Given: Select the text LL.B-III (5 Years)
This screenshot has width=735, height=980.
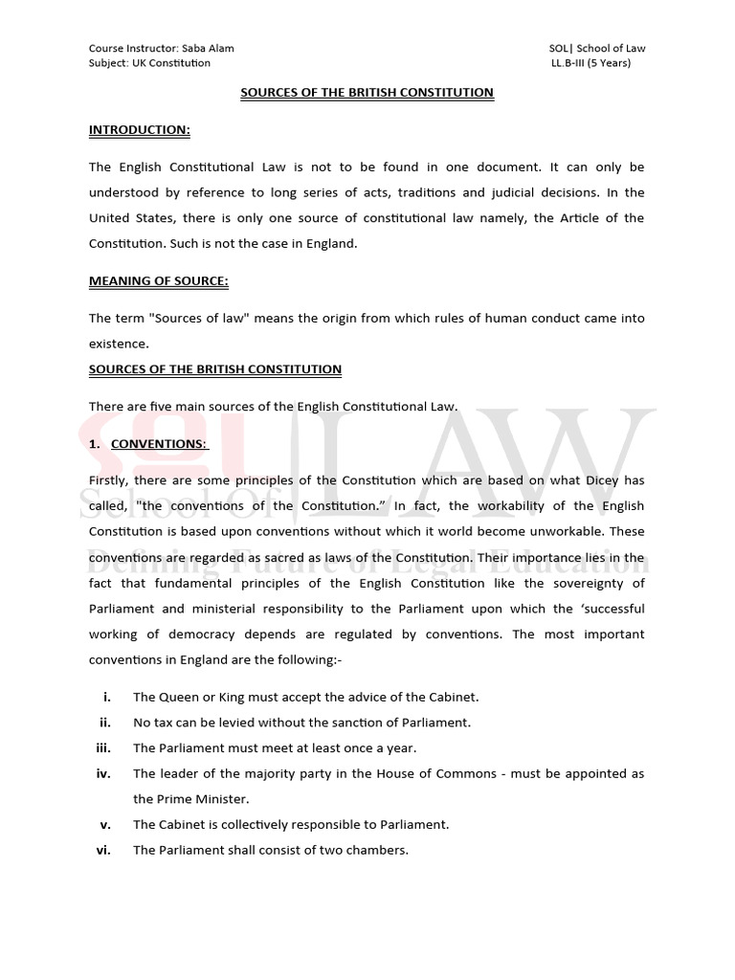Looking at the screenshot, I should pos(590,63).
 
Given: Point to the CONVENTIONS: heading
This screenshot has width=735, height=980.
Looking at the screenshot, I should pos(159,443).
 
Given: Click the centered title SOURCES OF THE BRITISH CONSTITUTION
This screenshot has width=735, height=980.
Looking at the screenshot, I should pos(367,93).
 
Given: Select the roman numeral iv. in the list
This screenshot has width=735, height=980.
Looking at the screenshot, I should pos(104,773).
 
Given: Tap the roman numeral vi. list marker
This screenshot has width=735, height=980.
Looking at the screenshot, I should pos(104,849).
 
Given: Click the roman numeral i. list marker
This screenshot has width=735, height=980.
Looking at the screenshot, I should pos(106,697).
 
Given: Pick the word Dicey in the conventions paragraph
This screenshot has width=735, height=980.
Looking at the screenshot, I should pos(601,479).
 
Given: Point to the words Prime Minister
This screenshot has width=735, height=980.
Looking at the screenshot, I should pos(193,798).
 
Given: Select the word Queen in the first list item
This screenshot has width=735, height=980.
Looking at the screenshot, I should pos(177,697).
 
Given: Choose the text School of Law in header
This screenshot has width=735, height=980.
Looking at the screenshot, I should pos(609,48).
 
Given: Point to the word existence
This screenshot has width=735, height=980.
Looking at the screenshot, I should pos(119,343).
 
